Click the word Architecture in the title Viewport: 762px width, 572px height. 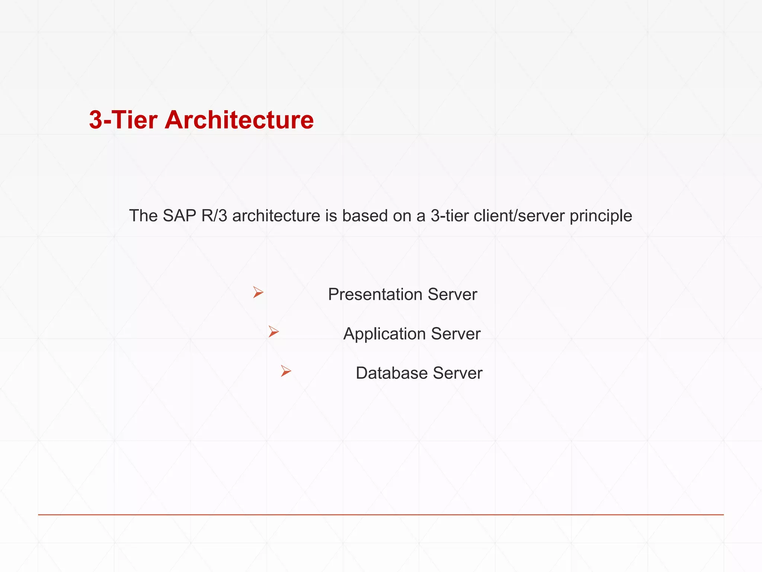[239, 120]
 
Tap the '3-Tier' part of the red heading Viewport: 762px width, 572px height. [123, 120]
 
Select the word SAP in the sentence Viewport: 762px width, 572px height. [179, 216]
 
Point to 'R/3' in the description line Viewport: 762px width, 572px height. [214, 216]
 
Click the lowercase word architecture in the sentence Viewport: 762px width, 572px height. [276, 216]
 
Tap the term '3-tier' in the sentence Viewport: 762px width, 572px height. [450, 216]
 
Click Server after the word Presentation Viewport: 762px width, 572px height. [452, 295]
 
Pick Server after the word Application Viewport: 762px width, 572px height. [456, 334]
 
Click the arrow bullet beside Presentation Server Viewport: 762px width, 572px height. [258, 292]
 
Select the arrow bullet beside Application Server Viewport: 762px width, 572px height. [273, 331]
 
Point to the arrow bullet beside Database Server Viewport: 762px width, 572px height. [286, 371]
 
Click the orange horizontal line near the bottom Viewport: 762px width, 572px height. [381, 515]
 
